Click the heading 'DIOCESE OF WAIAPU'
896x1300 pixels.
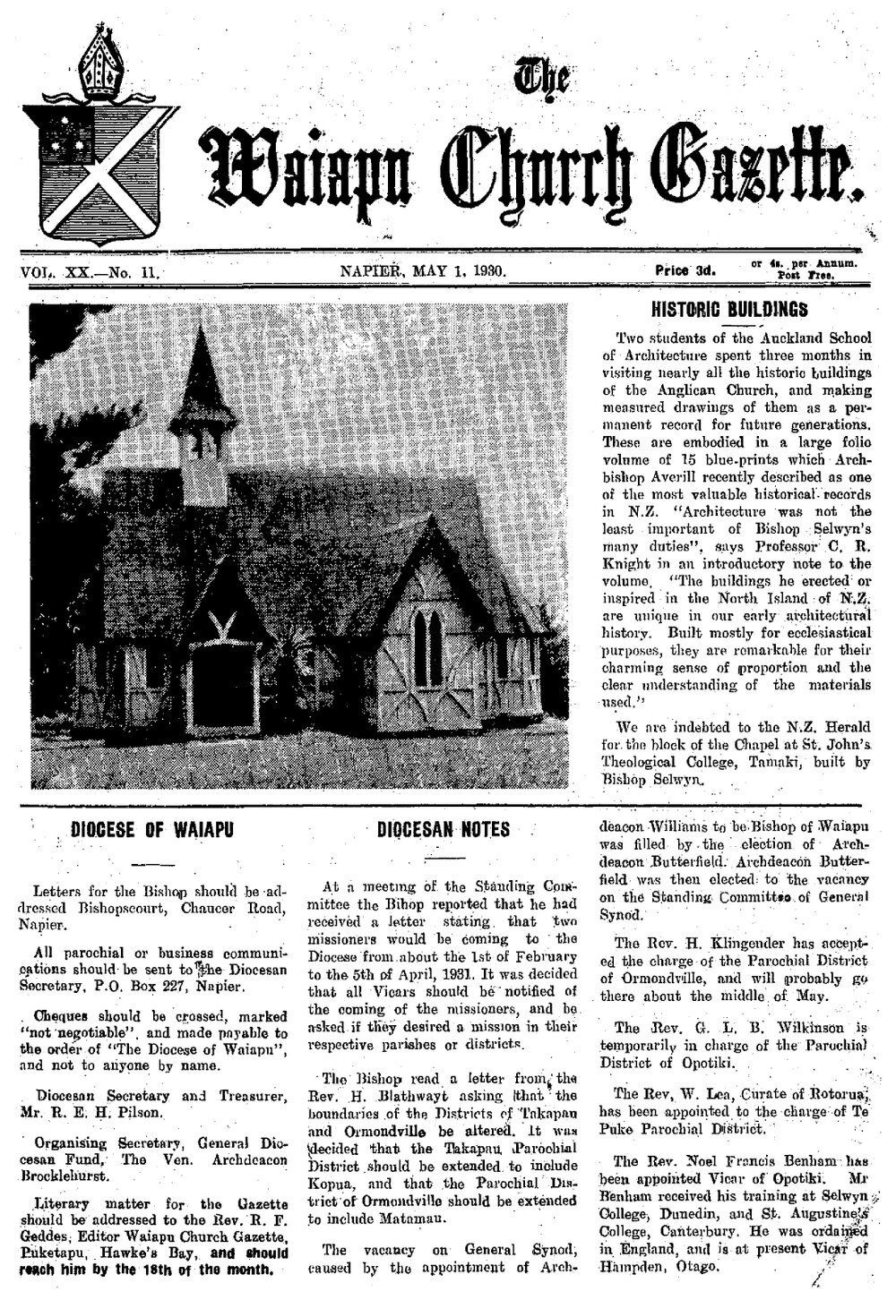pyautogui.click(x=152, y=830)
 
